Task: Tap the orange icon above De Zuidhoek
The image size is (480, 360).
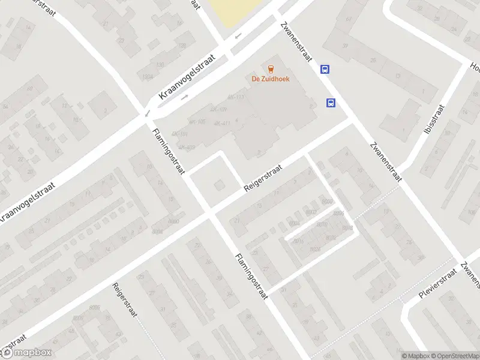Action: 270,68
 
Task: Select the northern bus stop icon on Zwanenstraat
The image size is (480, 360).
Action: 325,69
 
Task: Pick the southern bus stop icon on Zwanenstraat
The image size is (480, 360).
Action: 331,103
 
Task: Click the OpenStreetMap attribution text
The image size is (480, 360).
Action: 454,356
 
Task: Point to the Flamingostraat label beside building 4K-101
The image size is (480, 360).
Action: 169,152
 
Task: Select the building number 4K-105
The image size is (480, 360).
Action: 197,122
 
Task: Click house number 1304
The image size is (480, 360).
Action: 148,77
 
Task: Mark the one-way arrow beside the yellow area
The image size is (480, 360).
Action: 239,36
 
